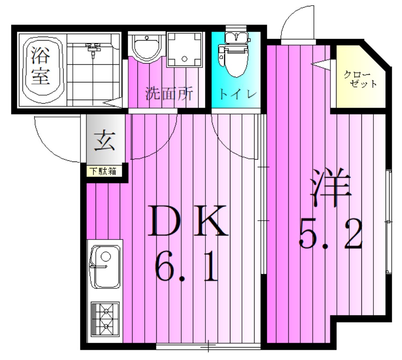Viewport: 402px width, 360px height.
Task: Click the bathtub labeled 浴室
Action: (41, 70)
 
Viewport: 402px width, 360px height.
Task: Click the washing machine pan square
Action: (184, 50)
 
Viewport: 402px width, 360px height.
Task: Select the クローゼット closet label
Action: (360, 79)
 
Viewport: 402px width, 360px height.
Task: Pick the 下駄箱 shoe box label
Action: (103, 171)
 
